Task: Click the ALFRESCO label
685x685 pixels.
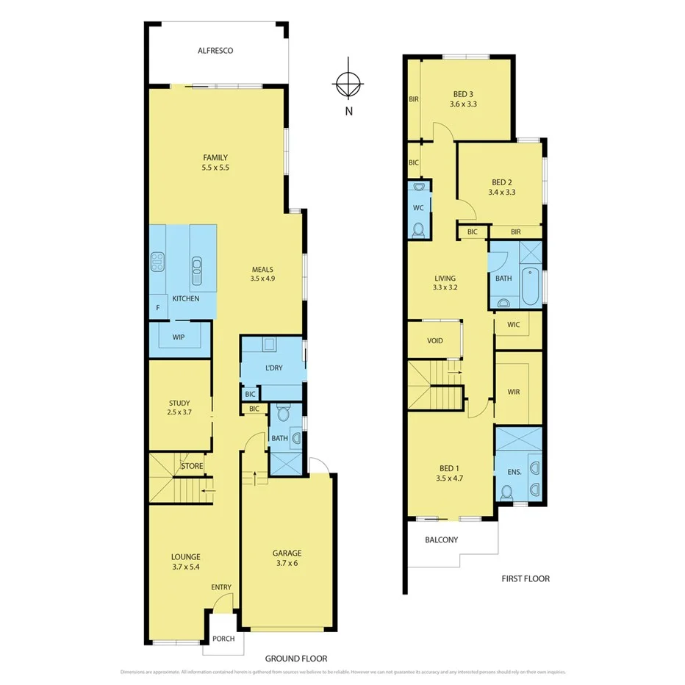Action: coord(215,51)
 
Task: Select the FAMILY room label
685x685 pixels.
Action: coord(215,157)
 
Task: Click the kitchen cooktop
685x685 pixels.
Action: coord(157,262)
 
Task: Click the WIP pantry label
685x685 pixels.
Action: coord(178,337)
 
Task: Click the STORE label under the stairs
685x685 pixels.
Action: coord(193,466)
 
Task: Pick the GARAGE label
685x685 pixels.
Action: coord(287,553)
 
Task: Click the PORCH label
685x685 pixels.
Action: coord(223,639)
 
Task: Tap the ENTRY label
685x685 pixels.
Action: coord(221,587)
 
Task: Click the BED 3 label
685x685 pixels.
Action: coord(463,94)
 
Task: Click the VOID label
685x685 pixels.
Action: coord(435,341)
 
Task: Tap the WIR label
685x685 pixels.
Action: coord(513,392)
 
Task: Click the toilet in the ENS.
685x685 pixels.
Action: coord(506,491)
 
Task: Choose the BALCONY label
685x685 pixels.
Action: coord(441,540)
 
